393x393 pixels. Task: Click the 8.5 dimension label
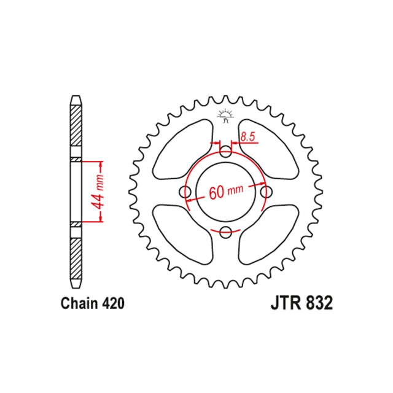247,138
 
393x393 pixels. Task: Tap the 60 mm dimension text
225,192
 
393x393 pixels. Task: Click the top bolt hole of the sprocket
226,152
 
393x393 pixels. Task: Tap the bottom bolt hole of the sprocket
226,232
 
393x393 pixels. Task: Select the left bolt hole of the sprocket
186,192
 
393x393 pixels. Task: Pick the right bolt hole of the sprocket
266,192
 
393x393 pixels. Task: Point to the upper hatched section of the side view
75,126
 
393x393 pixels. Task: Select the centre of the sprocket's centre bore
226,192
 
